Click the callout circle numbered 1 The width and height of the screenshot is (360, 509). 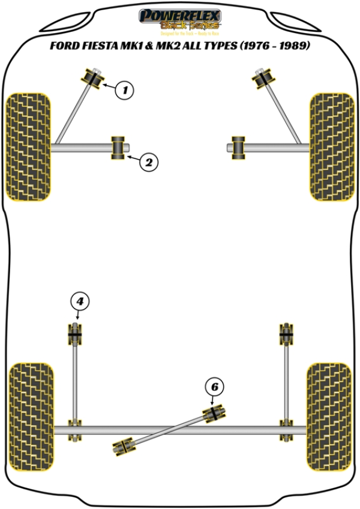point(124,91)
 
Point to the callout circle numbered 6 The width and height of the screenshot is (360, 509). point(213,387)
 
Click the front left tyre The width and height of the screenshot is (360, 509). point(28,146)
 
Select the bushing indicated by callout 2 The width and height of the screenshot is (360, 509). point(118,148)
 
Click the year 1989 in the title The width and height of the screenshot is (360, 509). point(290,45)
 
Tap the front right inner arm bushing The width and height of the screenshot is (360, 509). point(239,148)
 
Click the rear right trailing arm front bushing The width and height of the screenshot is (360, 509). point(286,333)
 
